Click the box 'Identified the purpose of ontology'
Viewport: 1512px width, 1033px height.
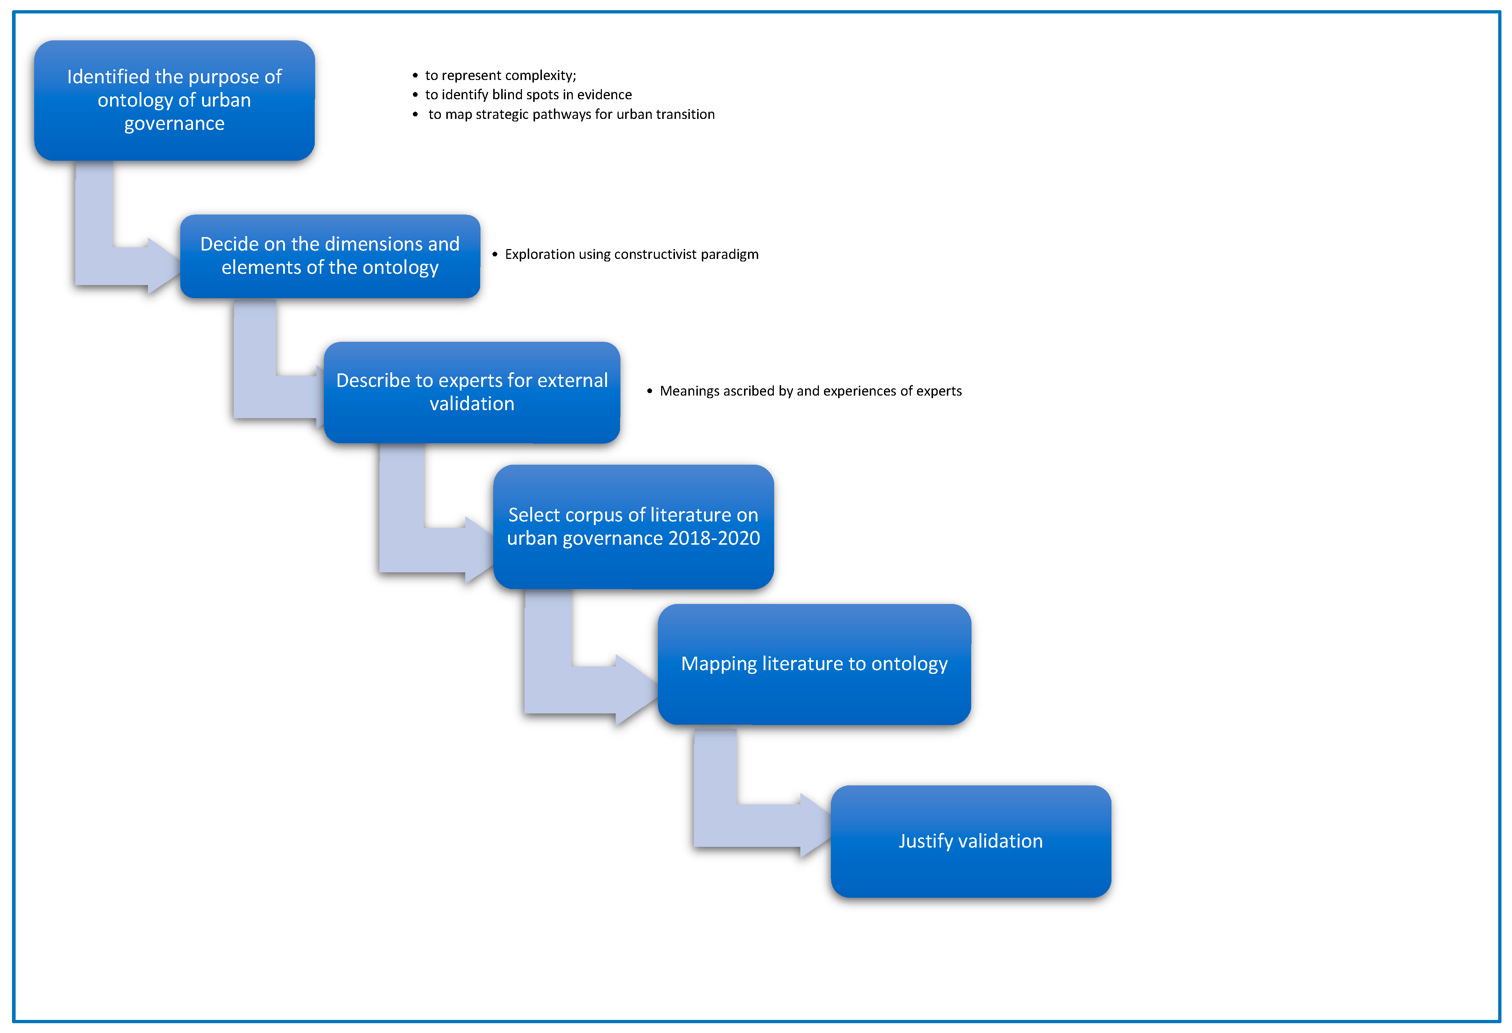click(174, 100)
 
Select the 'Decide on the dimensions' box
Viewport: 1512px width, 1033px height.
click(330, 256)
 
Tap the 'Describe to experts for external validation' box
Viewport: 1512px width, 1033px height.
click(472, 392)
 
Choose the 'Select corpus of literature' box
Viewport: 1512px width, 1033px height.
click(633, 526)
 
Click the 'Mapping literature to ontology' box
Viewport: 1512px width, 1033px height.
click(814, 664)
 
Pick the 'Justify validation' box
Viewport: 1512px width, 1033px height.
click(970, 841)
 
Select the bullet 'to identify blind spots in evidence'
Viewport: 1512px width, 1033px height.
click(528, 95)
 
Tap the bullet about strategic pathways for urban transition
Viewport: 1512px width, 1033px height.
click(571, 115)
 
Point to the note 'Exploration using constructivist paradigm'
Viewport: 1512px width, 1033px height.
click(631, 255)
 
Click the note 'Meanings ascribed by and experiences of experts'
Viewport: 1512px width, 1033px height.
click(810, 391)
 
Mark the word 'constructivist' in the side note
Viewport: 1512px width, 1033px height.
click(655, 255)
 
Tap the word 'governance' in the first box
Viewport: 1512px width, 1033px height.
click(174, 124)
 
